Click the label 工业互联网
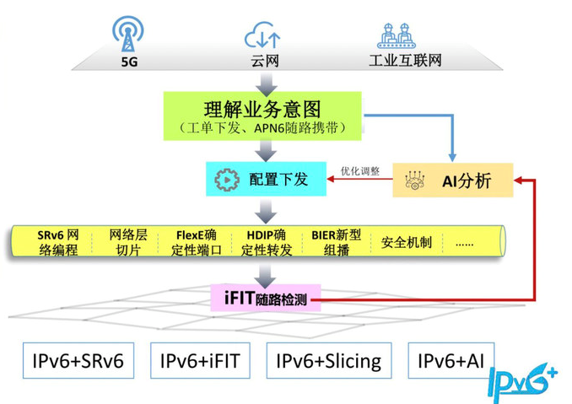click(406, 62)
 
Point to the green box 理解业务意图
click(262, 116)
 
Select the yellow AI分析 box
click(453, 180)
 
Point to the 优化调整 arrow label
click(360, 170)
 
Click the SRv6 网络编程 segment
click(58, 242)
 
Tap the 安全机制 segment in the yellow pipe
click(406, 243)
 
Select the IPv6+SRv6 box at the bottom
click(73, 362)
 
